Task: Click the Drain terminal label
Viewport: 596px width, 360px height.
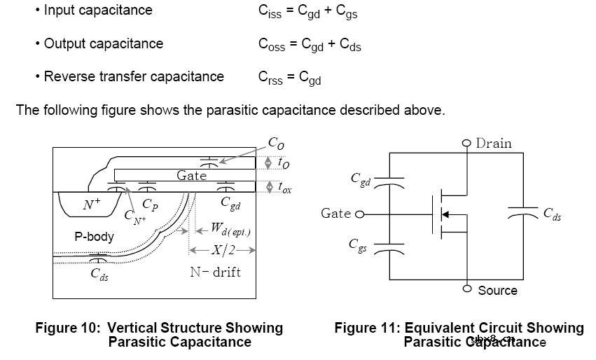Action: point(494,144)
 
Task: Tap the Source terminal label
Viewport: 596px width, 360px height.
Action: point(497,290)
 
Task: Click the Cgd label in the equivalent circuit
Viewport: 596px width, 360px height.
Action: point(360,179)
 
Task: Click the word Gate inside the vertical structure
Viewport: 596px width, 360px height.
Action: point(191,175)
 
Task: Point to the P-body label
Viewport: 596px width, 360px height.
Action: point(95,237)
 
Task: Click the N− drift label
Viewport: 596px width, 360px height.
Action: point(215,272)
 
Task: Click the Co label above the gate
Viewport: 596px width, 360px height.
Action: point(276,143)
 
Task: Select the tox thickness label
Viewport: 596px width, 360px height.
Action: point(284,187)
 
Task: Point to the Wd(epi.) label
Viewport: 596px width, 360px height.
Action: point(230,228)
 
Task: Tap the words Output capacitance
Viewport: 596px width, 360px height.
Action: point(103,43)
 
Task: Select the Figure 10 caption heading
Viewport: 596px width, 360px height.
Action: point(159,328)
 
